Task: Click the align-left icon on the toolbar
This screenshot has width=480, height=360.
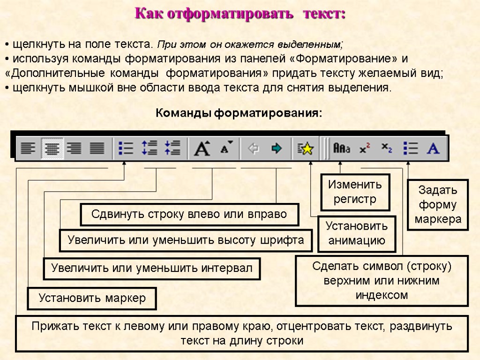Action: pos(28,149)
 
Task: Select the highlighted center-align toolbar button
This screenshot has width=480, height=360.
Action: pos(52,149)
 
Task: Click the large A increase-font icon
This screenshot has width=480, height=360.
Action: pos(202,149)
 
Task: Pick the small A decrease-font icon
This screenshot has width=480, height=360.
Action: pos(227,149)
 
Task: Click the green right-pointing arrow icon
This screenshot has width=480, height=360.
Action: pos(277,149)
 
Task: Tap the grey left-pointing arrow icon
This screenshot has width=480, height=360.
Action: pos(254,149)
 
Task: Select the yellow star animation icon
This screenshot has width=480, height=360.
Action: pos(305,149)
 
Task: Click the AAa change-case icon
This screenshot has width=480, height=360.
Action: pos(341,149)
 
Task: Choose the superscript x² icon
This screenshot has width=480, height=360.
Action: pos(365,149)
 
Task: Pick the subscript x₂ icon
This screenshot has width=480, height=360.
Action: pos(387,148)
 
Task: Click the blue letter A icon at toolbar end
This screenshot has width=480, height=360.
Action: pos(433,149)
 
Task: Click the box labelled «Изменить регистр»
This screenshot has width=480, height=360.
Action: pos(355,192)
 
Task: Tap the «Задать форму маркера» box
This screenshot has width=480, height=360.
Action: pos(437,205)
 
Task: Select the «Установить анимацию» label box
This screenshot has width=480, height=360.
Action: pos(357,233)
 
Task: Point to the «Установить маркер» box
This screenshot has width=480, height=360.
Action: pos(92,298)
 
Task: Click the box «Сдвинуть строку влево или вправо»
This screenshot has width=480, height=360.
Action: pos(189,215)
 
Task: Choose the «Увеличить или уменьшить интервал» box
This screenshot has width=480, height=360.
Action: pos(151,269)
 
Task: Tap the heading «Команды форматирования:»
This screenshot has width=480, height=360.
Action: pos(239,113)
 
